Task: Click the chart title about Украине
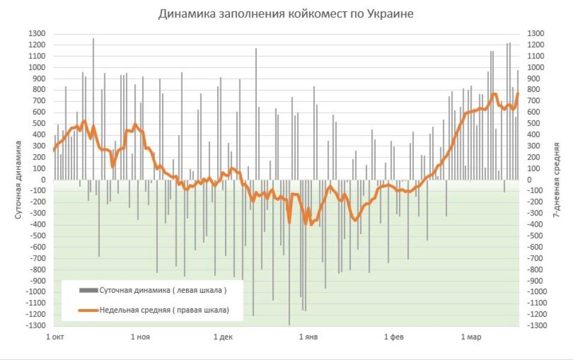[286, 14]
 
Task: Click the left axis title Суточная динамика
[19, 179]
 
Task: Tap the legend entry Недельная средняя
[164, 310]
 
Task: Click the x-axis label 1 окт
[55, 337]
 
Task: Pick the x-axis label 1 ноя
[140, 337]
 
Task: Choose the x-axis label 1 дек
[223, 337]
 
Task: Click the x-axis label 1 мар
[472, 337]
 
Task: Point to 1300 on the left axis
[38, 34]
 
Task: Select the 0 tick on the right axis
[530, 180]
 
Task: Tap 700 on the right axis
[534, 101]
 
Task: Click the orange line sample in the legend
[88, 310]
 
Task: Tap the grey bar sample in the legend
[88, 290]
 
